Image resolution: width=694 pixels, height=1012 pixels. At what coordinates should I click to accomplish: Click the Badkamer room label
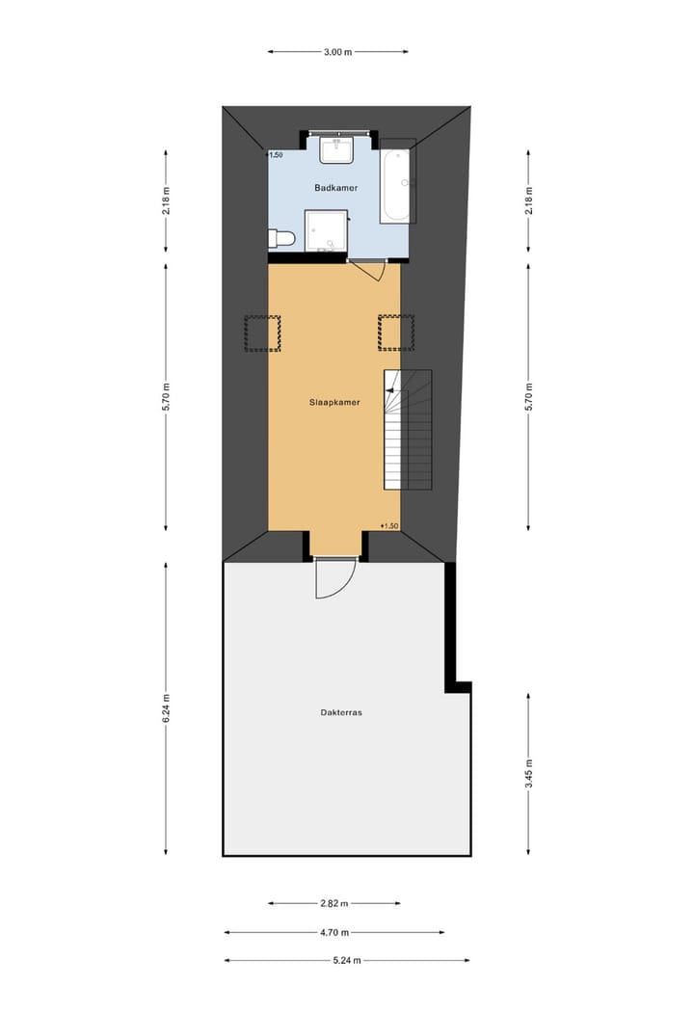pyautogui.click(x=336, y=188)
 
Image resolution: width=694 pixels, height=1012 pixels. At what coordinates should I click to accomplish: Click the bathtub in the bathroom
pyautogui.click(x=396, y=183)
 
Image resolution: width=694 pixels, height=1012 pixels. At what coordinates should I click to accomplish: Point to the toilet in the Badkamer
pyautogui.click(x=281, y=237)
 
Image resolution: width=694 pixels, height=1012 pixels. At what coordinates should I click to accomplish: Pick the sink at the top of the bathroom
pyautogui.click(x=338, y=150)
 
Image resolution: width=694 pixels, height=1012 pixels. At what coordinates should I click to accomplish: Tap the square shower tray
pyautogui.click(x=325, y=230)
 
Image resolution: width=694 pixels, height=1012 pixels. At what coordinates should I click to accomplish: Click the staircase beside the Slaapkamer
pyautogui.click(x=407, y=429)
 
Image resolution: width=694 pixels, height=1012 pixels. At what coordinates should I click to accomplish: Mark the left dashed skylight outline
pyautogui.click(x=262, y=333)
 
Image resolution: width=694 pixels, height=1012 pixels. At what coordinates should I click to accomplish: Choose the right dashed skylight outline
pyautogui.click(x=395, y=333)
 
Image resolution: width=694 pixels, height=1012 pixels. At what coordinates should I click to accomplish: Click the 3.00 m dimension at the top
pyautogui.click(x=337, y=52)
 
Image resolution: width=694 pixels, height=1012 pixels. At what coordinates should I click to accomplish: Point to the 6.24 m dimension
pyautogui.click(x=166, y=710)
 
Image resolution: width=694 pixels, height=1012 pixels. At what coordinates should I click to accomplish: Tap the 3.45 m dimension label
pyautogui.click(x=528, y=773)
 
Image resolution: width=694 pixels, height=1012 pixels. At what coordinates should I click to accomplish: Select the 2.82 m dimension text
pyautogui.click(x=334, y=903)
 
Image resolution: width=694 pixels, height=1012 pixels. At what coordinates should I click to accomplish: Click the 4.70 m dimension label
pyautogui.click(x=334, y=932)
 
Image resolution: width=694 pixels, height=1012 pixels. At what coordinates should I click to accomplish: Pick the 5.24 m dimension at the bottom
pyautogui.click(x=347, y=960)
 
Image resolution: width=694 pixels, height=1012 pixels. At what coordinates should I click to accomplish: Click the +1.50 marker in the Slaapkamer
pyautogui.click(x=389, y=525)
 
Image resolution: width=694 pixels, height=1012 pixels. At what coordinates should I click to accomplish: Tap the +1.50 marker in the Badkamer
pyautogui.click(x=275, y=154)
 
